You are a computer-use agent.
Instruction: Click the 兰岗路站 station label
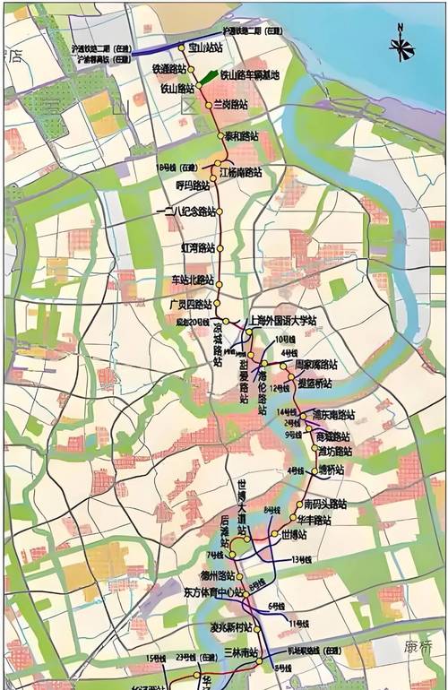click(x=230, y=105)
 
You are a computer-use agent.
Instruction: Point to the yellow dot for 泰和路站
click(x=221, y=136)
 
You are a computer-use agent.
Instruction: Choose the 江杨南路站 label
click(x=240, y=171)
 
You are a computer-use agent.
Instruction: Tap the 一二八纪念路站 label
click(x=186, y=211)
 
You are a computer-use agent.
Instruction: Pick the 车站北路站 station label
click(x=193, y=280)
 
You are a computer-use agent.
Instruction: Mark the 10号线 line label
click(x=284, y=340)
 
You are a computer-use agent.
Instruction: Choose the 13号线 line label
click(x=301, y=560)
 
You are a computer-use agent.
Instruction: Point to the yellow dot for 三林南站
click(x=261, y=652)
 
